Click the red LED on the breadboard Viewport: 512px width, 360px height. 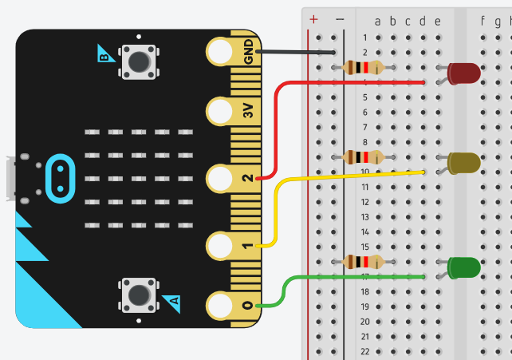[x=464, y=73]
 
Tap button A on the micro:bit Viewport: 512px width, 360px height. [x=138, y=295]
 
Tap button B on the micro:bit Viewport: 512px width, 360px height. [x=138, y=61]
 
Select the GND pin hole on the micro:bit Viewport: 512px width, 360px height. [x=220, y=52]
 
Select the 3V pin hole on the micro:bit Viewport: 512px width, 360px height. [x=220, y=113]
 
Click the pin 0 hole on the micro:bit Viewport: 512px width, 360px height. [x=220, y=306]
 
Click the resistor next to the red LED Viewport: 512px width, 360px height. [x=363, y=67]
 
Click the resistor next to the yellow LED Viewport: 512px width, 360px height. [x=363, y=156]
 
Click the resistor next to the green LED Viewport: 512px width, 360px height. [x=363, y=262]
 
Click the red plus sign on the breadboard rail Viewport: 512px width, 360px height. [x=313, y=18]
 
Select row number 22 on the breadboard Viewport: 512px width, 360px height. [x=364, y=351]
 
